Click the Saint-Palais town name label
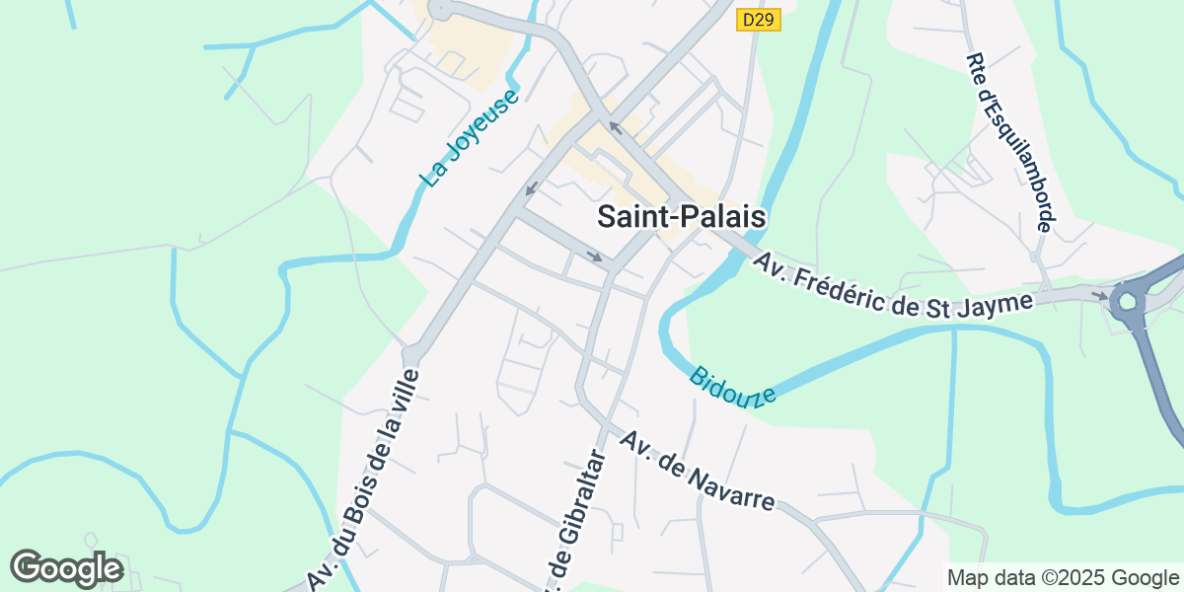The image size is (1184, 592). tap(682, 217)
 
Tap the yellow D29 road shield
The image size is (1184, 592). tap(759, 20)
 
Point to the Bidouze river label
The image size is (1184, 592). tap(732, 386)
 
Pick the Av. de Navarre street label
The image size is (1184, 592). tap(696, 470)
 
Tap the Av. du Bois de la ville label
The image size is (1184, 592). tap(364, 479)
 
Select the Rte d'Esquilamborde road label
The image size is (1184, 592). tap(1008, 143)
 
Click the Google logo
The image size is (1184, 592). tap(66, 567)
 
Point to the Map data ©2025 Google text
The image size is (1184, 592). tap(1063, 577)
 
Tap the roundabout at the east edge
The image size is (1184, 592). tap(1130, 300)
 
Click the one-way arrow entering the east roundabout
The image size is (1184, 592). tap(1099, 294)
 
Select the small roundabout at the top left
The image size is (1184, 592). tap(440, 9)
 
